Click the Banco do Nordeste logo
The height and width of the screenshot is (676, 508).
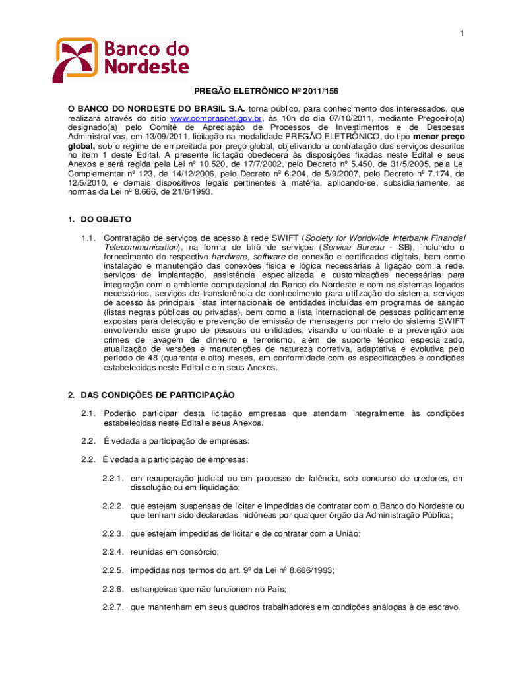(x=122, y=58)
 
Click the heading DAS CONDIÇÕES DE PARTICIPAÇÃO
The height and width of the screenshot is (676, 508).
(x=157, y=395)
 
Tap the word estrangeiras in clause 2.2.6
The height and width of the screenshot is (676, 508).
(x=153, y=588)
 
